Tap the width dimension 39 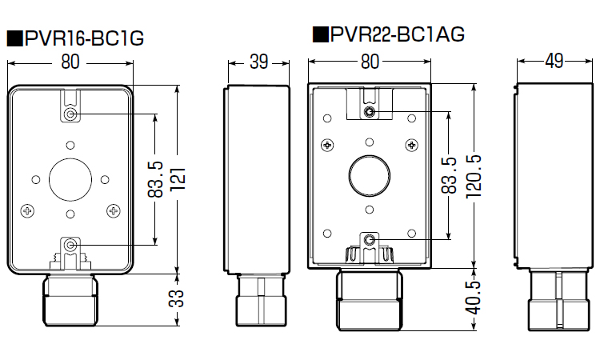(258, 62)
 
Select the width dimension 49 (554, 60)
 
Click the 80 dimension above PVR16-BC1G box (70, 62)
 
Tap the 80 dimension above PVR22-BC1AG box (369, 60)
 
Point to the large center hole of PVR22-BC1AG (368, 174)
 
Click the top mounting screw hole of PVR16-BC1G (72, 115)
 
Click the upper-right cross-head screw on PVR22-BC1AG (412, 145)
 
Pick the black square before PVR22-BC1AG (320, 34)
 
